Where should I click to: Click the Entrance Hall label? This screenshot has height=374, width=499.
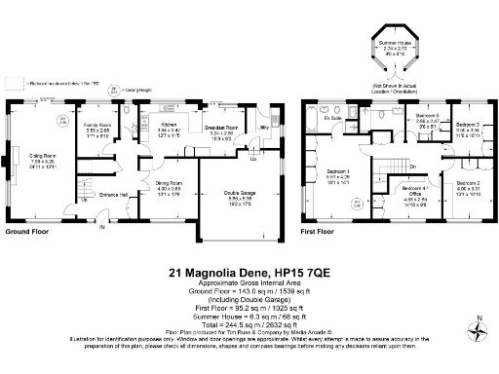(115, 194)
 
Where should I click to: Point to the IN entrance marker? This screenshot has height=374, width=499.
(101, 229)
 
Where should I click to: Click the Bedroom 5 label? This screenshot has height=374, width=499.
(427, 117)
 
